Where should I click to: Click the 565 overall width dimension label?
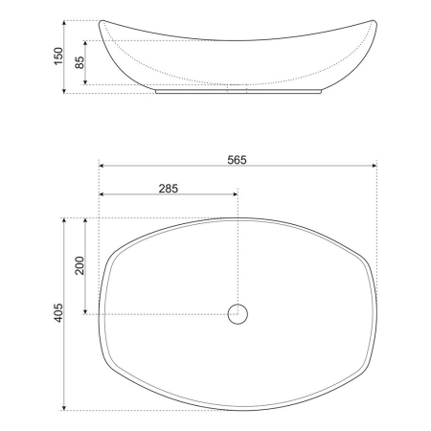[238, 159]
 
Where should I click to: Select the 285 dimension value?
[168, 190]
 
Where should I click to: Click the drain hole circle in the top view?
[237, 312]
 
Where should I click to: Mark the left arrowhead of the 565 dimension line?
[102, 167]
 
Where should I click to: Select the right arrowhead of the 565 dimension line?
[374, 167]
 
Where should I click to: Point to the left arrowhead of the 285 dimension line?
[102, 197]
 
